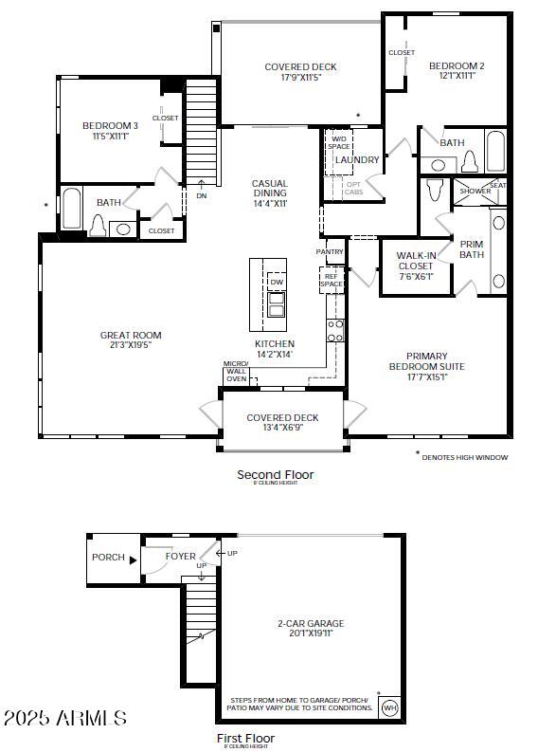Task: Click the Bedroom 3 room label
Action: [110, 126]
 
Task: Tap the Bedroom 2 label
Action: [457, 66]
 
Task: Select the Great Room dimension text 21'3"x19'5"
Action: [131, 345]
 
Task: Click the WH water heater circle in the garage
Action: [389, 707]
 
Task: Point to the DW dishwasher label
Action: [277, 283]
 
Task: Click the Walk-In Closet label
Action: [415, 261]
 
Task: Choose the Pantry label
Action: [330, 251]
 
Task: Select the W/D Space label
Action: [338, 142]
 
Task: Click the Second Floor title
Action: [276, 474]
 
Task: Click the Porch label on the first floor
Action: [108, 557]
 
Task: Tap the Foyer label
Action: [181, 557]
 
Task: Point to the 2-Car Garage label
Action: [311, 623]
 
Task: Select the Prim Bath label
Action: [472, 249]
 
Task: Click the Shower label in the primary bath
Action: [475, 191]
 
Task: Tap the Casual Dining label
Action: [269, 189]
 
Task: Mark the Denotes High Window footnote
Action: [464, 457]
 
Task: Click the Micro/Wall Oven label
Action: [236, 372]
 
